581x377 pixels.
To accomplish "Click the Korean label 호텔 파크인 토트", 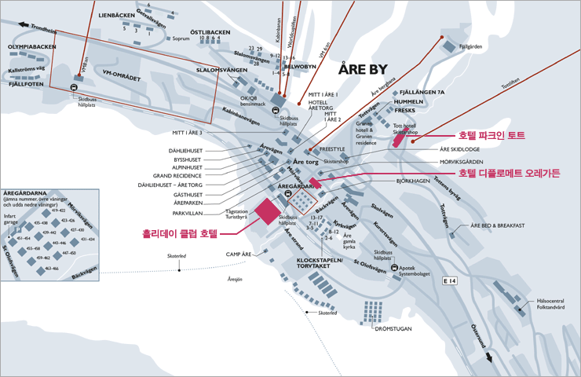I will click(x=492, y=136).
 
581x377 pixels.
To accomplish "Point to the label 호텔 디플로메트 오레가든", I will click(x=510, y=173).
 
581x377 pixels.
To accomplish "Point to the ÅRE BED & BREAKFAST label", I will click(x=497, y=225).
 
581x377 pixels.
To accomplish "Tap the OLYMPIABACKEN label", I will click(x=32, y=46).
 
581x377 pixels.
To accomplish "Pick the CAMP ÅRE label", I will click(x=239, y=254).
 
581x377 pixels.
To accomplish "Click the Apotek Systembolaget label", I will click(x=418, y=271).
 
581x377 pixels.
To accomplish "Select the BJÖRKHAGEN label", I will click(x=413, y=180).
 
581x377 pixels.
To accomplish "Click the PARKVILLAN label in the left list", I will click(x=188, y=213).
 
